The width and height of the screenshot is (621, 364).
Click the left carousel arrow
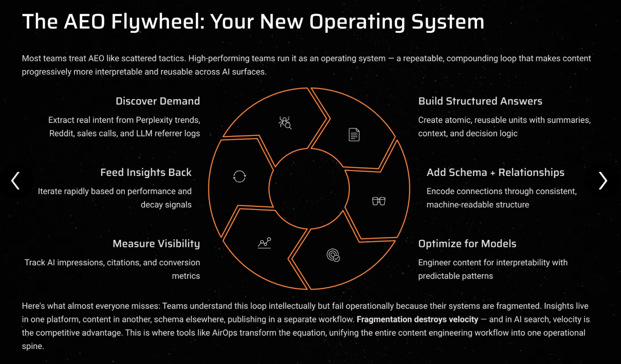pyautogui.click(x=16, y=181)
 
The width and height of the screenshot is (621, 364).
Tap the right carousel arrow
pyautogui.click(x=603, y=181)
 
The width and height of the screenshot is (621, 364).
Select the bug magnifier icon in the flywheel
pyautogui.click(x=285, y=122)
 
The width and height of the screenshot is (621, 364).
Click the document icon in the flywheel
pyautogui.click(x=354, y=135)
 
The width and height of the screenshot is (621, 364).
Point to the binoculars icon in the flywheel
pyautogui.click(x=378, y=201)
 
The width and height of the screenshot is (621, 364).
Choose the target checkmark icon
pyautogui.click(x=333, y=255)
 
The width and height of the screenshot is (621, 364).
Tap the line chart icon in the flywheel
pyautogui.click(x=264, y=243)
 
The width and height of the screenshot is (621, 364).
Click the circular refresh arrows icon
pyautogui.click(x=240, y=176)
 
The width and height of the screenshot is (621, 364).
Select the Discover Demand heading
pyautogui.click(x=158, y=101)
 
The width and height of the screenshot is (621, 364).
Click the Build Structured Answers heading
pyautogui.click(x=480, y=101)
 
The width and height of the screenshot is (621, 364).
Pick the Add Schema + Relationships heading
pyautogui.click(x=495, y=172)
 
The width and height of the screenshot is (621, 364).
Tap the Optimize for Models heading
pyautogui.click(x=467, y=244)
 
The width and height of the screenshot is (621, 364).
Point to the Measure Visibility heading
pyautogui.click(x=156, y=244)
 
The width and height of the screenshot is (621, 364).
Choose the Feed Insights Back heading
pyautogui.click(x=146, y=172)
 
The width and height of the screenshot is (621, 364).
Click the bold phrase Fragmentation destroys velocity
pyautogui.click(x=417, y=319)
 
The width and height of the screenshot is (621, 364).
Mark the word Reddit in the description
pyautogui.click(x=61, y=133)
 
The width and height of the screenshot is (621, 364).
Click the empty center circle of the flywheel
pyautogui.click(x=309, y=189)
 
